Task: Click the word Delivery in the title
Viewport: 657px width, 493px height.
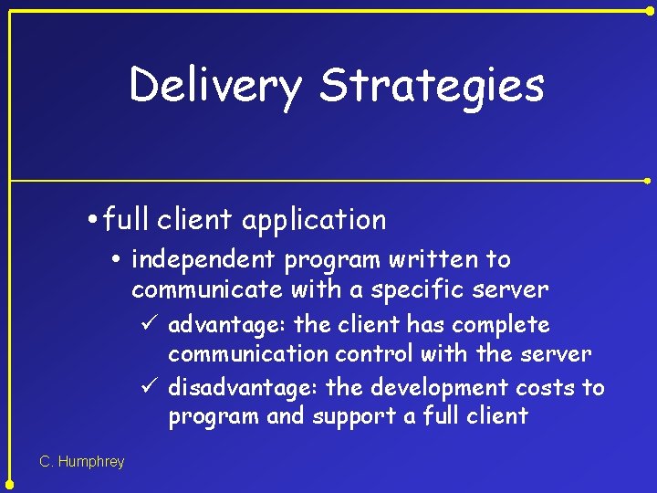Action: pos(215,86)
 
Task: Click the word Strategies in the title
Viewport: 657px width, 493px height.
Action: pos(432,86)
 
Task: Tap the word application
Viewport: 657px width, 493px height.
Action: pos(315,220)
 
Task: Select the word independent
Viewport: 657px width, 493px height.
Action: pos(204,260)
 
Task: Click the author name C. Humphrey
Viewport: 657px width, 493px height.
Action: pos(82,462)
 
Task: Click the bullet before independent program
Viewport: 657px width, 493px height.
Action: pos(122,261)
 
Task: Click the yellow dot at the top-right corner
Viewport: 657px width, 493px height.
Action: pos(650,9)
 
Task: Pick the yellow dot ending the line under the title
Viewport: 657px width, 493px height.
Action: pos(650,181)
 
